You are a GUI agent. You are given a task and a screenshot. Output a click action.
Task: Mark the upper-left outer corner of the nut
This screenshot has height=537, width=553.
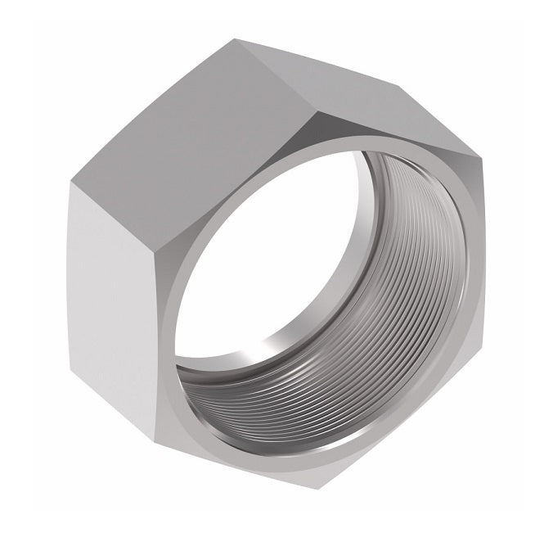click(x=69, y=182)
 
